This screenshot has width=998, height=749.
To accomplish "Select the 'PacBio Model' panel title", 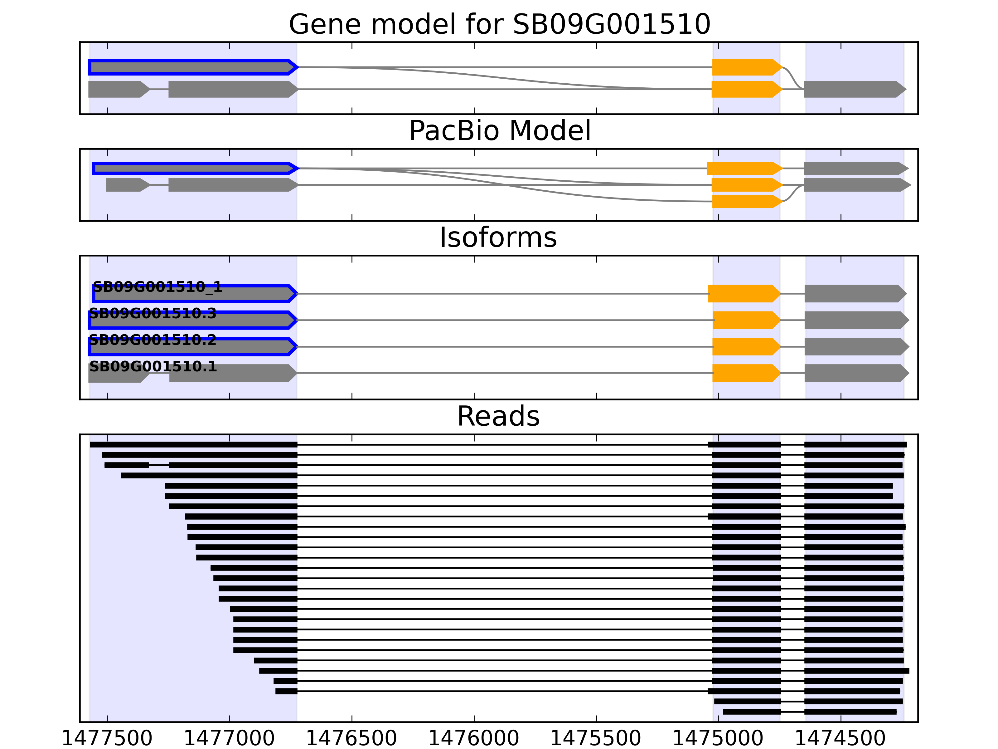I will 499,131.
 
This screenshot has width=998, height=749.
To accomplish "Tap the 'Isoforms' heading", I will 498,237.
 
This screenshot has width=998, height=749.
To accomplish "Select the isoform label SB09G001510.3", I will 153,313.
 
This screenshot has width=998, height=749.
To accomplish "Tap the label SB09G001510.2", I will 153,340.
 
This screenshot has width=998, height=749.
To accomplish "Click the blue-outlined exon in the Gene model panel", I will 193,67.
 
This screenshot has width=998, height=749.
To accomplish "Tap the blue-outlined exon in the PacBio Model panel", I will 195,169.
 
